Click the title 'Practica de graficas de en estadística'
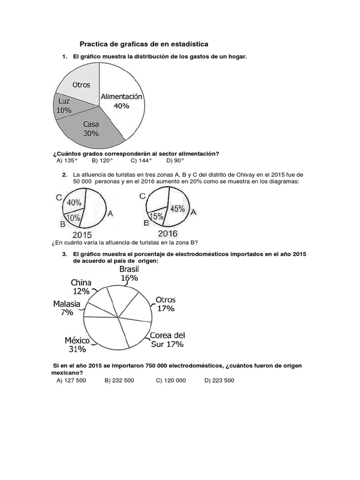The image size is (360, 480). pyautogui.click(x=144, y=44)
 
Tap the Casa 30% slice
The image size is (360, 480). pyautogui.click(x=91, y=129)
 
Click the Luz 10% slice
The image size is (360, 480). pyautogui.click(x=64, y=106)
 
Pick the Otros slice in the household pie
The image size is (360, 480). pyautogui.click(x=81, y=84)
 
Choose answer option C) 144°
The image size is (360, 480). pyautogui.click(x=141, y=160)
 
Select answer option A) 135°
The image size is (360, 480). pyautogui.click(x=67, y=160)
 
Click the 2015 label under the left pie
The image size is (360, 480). pyautogui.click(x=82, y=235)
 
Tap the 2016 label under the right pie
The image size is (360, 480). pyautogui.click(x=167, y=233)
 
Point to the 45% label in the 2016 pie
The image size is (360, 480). pyautogui.click(x=177, y=209)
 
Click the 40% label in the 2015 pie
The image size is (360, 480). pyautogui.click(x=74, y=203)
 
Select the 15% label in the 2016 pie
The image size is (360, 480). pyautogui.click(x=157, y=217)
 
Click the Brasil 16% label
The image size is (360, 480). pyautogui.click(x=129, y=273)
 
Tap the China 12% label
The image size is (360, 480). pyautogui.click(x=81, y=287)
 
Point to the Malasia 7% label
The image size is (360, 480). pyautogui.click(x=67, y=308)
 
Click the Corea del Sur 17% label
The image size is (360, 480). pyautogui.click(x=167, y=340)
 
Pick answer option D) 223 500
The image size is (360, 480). pyautogui.click(x=219, y=380)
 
